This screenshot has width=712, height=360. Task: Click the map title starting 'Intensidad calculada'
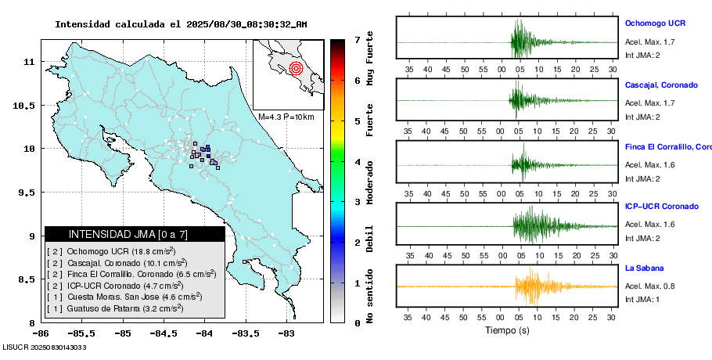(x=181, y=24)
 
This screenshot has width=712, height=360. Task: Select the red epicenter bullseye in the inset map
(x=295, y=68)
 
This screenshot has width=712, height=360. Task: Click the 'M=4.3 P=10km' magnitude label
(x=286, y=117)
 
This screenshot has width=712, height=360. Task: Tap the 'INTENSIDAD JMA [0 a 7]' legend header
(x=135, y=234)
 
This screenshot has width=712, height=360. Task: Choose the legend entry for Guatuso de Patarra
(x=115, y=309)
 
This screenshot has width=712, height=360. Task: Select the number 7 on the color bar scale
(x=357, y=39)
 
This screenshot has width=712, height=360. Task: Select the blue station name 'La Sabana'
(x=644, y=268)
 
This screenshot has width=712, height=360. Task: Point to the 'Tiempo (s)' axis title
(x=507, y=330)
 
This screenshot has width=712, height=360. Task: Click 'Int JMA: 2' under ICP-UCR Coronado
(x=642, y=238)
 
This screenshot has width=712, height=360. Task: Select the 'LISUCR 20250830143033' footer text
(x=45, y=347)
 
